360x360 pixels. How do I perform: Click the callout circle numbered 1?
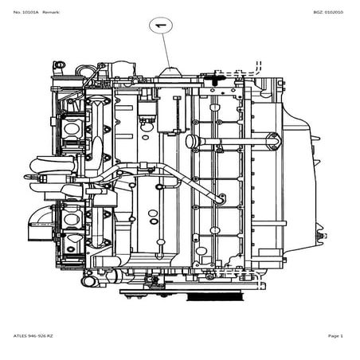161,25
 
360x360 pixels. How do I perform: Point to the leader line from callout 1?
166,50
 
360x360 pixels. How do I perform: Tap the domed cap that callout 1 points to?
170,72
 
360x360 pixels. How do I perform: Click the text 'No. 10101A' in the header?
25,12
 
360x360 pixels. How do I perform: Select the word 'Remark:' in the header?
51,12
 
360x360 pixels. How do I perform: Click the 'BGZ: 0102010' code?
328,12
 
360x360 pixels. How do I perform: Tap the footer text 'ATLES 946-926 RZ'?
33,336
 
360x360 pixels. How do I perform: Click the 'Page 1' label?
335,336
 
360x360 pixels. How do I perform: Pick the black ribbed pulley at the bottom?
215,296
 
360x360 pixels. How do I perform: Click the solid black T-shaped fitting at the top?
214,79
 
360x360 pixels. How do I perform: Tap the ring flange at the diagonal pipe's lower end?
221,198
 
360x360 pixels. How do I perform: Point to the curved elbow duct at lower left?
41,224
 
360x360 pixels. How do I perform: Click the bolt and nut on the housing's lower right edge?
322,236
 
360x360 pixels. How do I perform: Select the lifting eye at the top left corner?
59,65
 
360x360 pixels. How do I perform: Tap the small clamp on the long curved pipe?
143,166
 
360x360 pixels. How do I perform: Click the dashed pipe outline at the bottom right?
239,279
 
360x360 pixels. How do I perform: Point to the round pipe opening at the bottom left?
87,281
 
